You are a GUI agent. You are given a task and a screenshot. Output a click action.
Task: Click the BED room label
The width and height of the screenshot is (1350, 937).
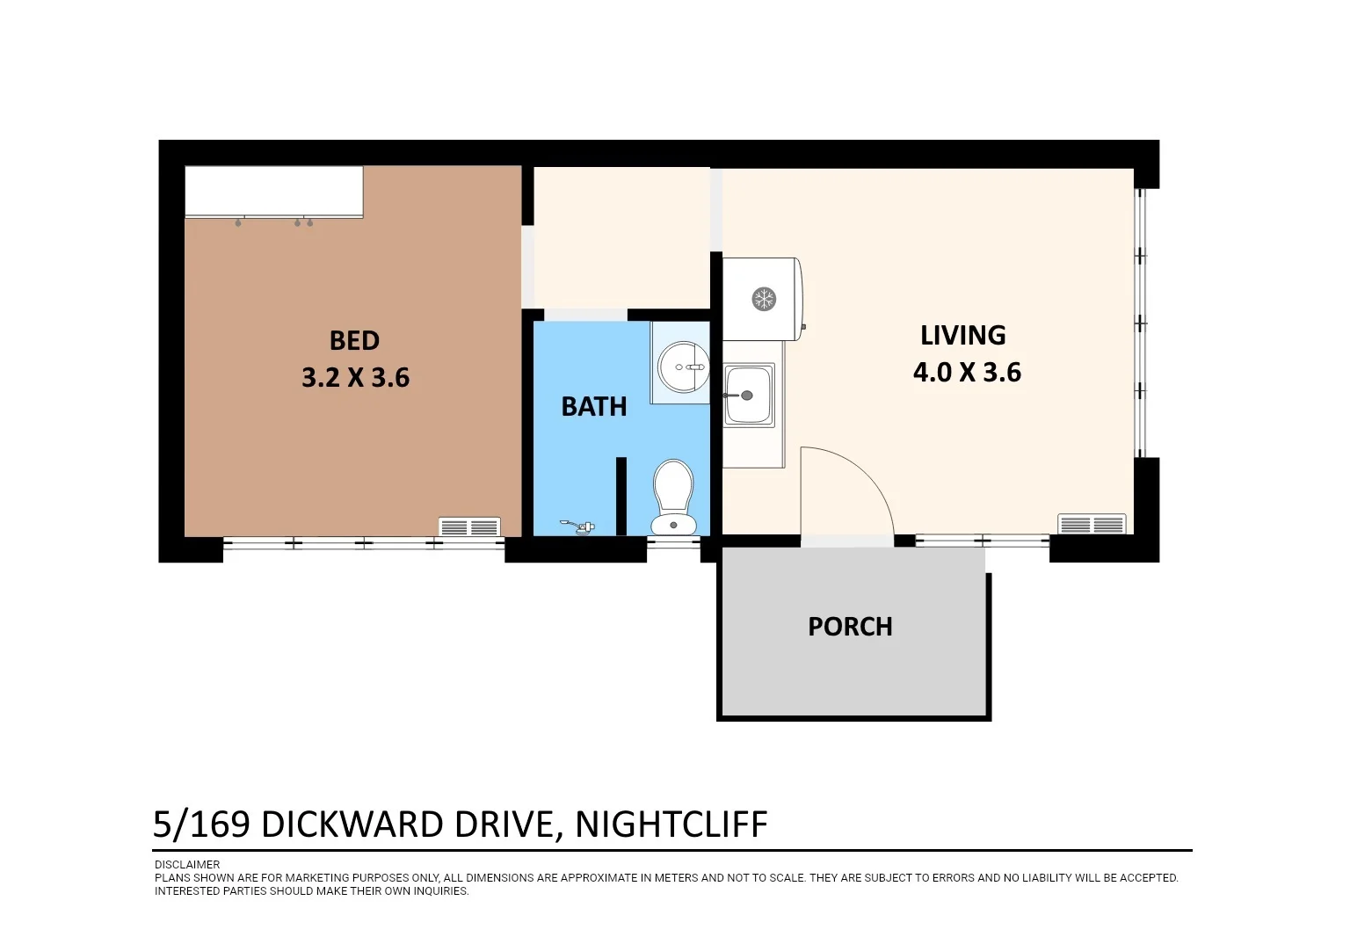tap(354, 341)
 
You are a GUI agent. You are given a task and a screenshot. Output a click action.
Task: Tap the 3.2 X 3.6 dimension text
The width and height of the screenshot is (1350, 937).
tap(355, 378)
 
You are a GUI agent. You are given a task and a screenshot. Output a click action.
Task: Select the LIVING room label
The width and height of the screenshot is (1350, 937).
tap(962, 336)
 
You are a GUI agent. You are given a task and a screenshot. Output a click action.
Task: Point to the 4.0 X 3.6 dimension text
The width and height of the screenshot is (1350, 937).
tap(967, 373)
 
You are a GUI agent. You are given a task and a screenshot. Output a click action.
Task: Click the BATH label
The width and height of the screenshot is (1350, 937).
tap(594, 407)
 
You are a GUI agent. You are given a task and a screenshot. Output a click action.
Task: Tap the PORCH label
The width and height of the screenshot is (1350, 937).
tap(850, 627)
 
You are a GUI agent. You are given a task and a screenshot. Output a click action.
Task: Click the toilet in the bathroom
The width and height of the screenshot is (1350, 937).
tap(673, 497)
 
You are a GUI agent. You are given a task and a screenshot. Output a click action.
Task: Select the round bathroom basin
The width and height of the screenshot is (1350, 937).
tap(684, 367)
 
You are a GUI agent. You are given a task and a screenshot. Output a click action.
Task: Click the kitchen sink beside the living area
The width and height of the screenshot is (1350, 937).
tap(749, 395)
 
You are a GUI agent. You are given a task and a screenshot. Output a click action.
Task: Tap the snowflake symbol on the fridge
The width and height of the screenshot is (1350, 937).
tap(764, 299)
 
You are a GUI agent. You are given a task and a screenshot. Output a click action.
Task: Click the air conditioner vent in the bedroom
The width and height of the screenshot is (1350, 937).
tap(469, 527)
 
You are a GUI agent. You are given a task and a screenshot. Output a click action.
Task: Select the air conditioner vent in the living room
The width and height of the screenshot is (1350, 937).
tap(1092, 524)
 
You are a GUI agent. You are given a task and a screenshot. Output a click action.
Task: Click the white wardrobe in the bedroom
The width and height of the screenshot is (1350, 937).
tap(273, 191)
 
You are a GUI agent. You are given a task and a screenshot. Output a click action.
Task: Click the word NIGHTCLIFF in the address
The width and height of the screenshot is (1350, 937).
tap(671, 825)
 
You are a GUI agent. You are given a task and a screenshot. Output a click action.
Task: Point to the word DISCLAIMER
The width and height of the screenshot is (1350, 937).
tap(187, 865)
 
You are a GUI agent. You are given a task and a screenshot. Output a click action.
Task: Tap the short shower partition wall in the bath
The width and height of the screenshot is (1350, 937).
tap(621, 496)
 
